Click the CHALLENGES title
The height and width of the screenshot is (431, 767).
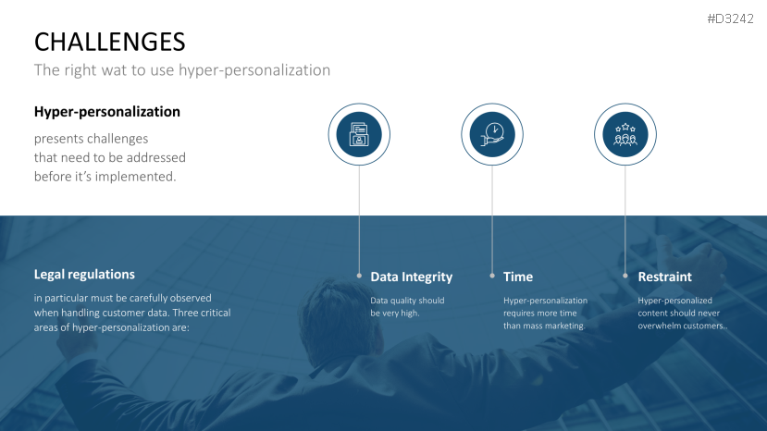tap(109, 42)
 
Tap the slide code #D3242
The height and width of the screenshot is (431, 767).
tap(730, 19)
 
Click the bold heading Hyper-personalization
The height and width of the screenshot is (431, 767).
tap(107, 112)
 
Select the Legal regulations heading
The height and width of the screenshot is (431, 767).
tap(84, 275)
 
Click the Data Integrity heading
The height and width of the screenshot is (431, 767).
tap(412, 277)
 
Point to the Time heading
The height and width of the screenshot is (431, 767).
tap(518, 277)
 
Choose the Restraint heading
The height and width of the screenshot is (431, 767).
tap(665, 277)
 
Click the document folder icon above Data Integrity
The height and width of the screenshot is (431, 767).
tap(359, 134)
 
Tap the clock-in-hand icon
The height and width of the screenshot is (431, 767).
tap(492, 134)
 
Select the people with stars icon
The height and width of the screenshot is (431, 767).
tap(625, 135)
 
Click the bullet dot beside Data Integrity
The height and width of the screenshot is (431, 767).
tap(359, 276)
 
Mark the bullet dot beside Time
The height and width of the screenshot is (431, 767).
tap(492, 276)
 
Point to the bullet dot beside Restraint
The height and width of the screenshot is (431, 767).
tap(625, 276)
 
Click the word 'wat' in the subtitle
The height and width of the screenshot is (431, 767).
tap(113, 70)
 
